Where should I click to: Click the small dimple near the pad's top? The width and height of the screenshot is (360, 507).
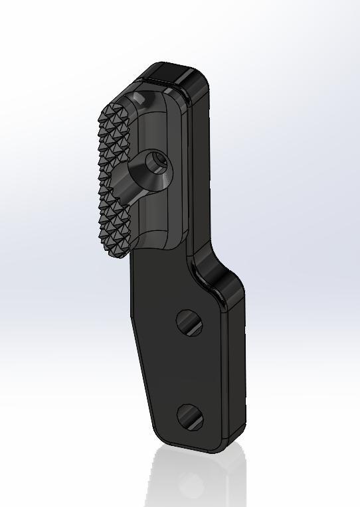[139, 98]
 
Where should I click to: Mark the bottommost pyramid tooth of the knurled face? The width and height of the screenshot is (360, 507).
[117, 252]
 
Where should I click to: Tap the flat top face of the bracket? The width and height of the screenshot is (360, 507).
[174, 72]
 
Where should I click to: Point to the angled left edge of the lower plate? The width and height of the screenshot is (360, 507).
[141, 372]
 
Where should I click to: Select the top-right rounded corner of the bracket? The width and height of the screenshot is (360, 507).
[199, 78]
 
